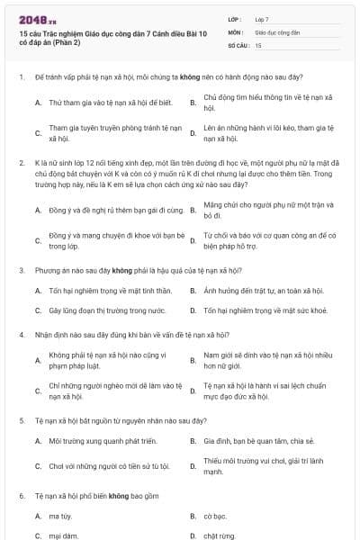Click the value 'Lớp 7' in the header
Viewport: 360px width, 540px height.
[262, 18]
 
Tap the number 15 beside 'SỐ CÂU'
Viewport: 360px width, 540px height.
[258, 44]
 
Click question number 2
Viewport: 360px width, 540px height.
[21, 163]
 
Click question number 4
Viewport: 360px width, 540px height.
[21, 334]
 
